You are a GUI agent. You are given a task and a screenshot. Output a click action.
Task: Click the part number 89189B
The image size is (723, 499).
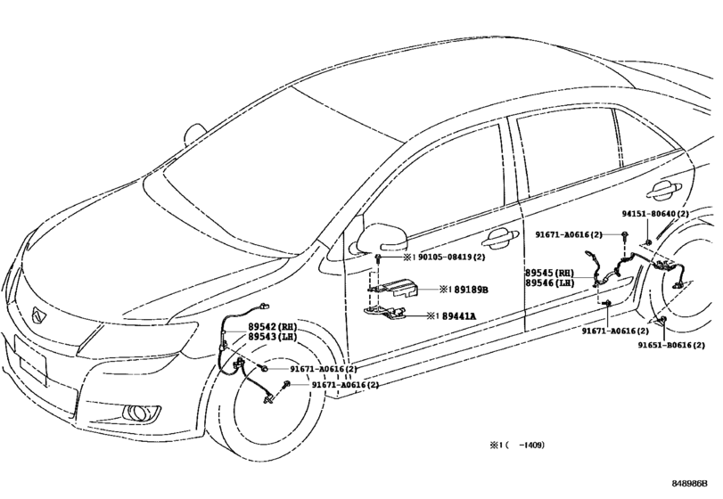[x=471, y=290]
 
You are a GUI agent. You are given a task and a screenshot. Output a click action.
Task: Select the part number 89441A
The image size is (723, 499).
[x=459, y=316]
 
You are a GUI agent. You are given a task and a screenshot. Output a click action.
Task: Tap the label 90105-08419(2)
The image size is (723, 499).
[x=451, y=257]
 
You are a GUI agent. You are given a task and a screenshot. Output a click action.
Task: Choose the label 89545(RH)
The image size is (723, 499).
[x=550, y=273]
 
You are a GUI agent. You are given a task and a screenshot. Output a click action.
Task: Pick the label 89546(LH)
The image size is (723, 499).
[x=550, y=282]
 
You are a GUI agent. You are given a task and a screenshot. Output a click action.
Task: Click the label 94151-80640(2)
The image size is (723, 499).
[x=655, y=214]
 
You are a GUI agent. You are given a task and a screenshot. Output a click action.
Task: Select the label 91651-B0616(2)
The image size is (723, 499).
[x=671, y=345]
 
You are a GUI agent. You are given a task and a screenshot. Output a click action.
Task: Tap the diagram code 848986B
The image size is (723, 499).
[x=689, y=483]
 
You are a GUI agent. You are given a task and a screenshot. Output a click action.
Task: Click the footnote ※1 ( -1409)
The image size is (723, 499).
[x=517, y=446]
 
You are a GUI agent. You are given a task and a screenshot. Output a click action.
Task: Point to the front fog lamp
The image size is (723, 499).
[x=137, y=413]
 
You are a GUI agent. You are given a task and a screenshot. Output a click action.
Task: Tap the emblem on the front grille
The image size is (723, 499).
[x=37, y=316]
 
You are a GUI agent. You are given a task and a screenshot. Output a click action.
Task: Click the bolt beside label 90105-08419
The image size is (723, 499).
[x=378, y=258]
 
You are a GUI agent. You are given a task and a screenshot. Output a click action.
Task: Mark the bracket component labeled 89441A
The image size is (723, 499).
[x=386, y=313]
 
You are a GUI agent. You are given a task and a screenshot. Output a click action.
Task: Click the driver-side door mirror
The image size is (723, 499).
[x=378, y=238]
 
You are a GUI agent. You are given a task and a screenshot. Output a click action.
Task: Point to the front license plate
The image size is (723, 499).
[x=31, y=361]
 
